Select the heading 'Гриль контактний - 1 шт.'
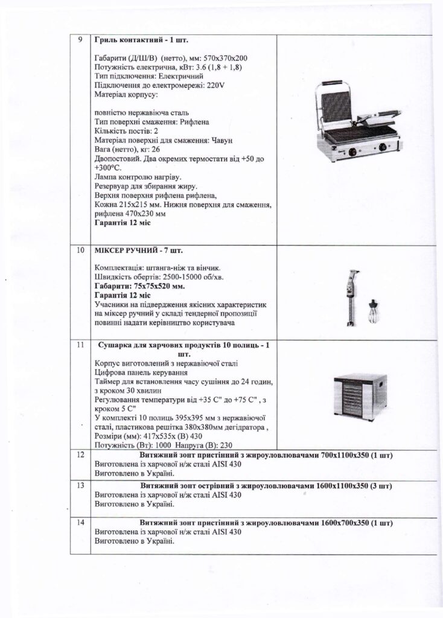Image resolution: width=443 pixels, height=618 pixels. coord(141,40)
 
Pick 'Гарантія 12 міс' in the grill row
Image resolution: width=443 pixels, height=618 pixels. coord(123,223)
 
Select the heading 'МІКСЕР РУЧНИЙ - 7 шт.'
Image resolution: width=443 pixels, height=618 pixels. coord(139,249)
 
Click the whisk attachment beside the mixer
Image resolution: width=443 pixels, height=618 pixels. coord(374,313)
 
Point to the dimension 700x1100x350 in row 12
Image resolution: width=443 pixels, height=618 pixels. coord(349,454)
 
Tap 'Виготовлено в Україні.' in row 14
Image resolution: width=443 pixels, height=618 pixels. coord(135,541)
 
